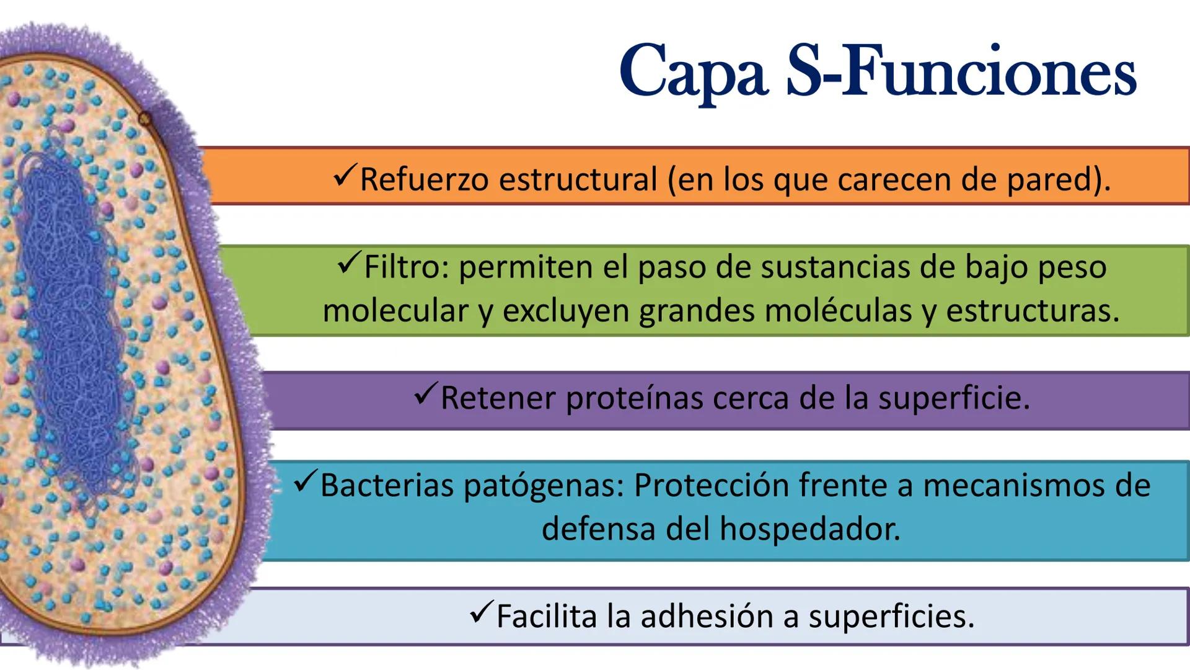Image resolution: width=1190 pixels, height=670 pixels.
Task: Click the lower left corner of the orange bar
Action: coord(211,203)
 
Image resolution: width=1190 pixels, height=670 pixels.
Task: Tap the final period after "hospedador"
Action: coord(896,538)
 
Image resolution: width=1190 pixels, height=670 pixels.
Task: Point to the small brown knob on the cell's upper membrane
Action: coord(144,117)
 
